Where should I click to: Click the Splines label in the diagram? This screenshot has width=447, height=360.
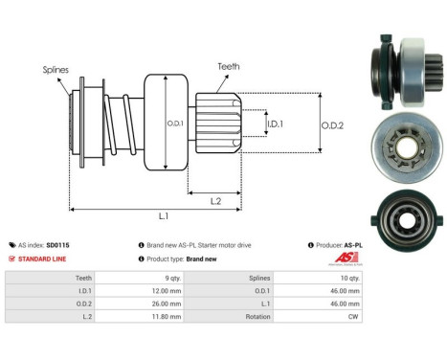point(55,70)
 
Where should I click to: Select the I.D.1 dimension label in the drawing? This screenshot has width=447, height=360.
point(274,123)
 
